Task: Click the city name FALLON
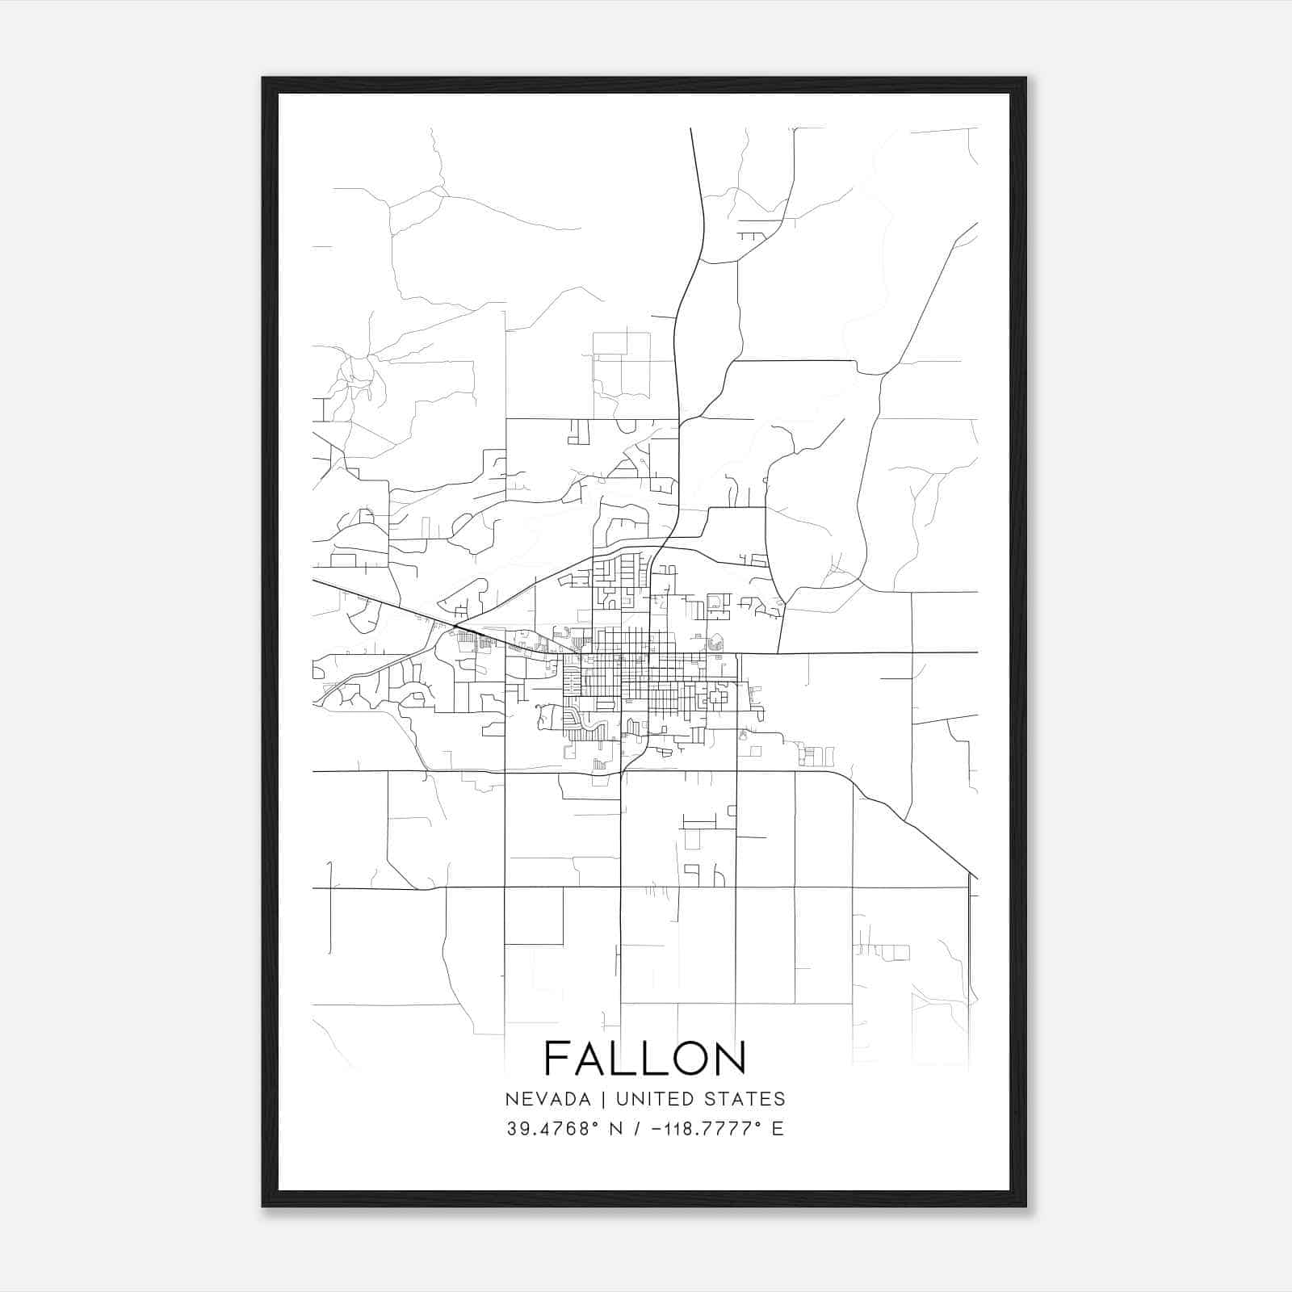pos(645,1058)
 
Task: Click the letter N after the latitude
pos(616,1129)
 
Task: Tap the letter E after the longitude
pos(778,1129)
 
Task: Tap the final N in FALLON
pos(730,1058)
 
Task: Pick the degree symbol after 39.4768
pos(597,1124)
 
